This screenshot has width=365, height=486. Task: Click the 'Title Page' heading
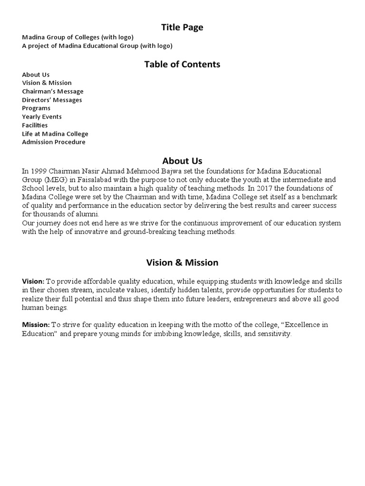tap(182, 28)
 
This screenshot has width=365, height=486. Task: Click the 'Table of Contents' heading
tap(182, 65)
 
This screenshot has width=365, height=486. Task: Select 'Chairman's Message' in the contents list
tap(52, 92)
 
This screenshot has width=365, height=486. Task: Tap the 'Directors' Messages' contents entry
tap(52, 100)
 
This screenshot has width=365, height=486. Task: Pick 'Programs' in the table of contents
tap(36, 108)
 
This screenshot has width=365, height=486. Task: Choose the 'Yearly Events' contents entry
tap(42, 117)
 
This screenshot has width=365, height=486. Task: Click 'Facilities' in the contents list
tap(35, 125)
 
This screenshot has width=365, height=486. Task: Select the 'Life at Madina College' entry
tap(55, 134)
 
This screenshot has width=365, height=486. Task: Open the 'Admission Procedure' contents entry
tap(54, 142)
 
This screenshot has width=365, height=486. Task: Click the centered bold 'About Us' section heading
tap(182, 161)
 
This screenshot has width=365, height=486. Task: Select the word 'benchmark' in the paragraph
tap(320, 197)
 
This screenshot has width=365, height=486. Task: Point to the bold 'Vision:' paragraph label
tap(33, 281)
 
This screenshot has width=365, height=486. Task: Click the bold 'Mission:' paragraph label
tap(36, 325)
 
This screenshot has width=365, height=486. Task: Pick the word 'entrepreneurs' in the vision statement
tap(250, 299)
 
